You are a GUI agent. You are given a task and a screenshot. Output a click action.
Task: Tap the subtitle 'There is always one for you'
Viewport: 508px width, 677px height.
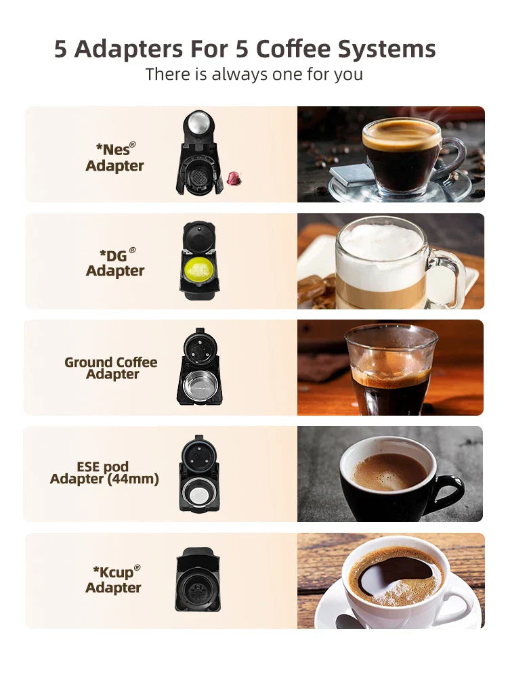(x=254, y=74)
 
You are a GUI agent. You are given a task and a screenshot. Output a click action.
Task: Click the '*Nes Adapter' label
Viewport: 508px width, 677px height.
(x=115, y=157)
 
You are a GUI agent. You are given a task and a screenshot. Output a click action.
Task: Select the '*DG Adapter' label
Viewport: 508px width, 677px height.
(x=115, y=263)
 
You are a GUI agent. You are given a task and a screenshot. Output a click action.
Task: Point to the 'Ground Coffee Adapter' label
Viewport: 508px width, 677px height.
(x=111, y=368)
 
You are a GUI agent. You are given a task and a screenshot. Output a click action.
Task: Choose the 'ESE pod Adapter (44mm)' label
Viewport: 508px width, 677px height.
(x=104, y=473)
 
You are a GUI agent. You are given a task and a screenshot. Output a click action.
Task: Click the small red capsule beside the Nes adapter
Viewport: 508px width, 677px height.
(x=234, y=178)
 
